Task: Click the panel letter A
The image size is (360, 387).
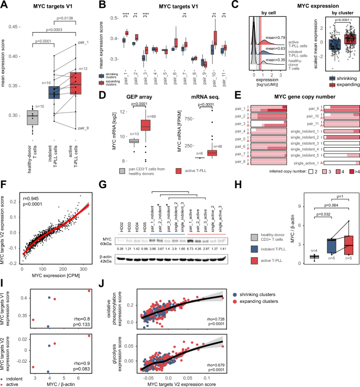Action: tap(5, 6)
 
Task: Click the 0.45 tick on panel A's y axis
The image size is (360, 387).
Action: tap(18, 26)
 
